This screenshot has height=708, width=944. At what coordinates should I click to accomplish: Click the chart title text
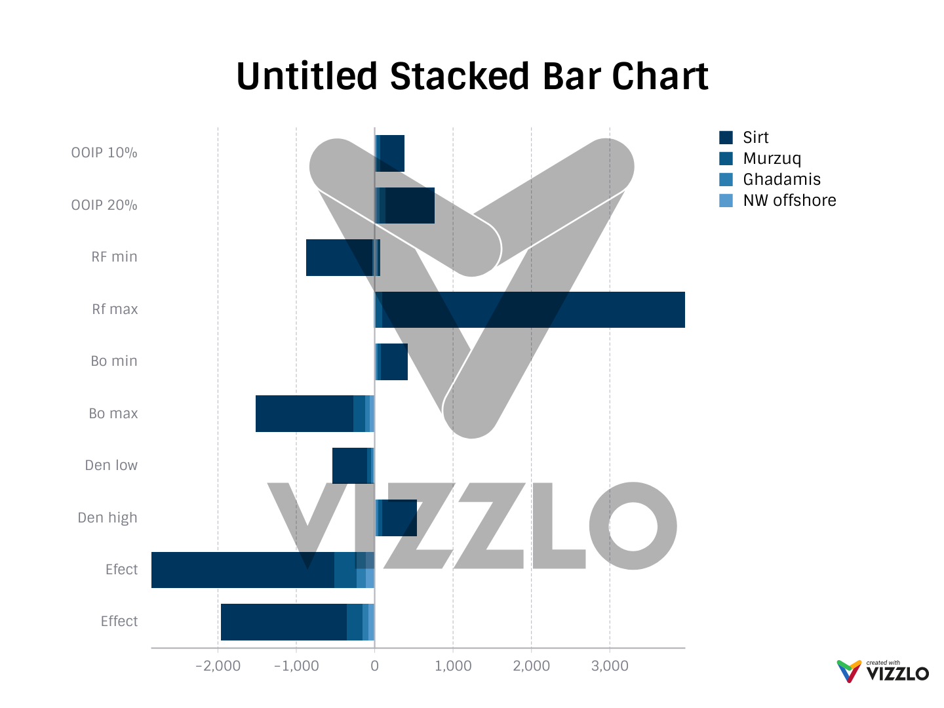pyautogui.click(x=472, y=76)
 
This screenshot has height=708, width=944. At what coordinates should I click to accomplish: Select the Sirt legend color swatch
pyautogui.click(x=726, y=138)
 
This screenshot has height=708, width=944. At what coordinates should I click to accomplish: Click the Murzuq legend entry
pyautogui.click(x=772, y=159)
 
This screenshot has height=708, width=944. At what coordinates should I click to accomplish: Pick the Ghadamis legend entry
pyautogui.click(x=781, y=180)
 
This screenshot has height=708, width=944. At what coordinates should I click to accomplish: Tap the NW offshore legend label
pyautogui.click(x=789, y=201)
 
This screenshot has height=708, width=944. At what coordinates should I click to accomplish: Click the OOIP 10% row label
pyautogui.click(x=104, y=153)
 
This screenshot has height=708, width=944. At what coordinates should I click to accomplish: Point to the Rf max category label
pyautogui.click(x=115, y=309)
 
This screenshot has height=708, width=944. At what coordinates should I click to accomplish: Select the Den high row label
pyautogui.click(x=108, y=518)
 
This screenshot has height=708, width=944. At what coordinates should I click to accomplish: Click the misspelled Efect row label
pyautogui.click(x=121, y=570)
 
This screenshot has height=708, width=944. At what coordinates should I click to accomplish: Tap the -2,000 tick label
pyautogui.click(x=218, y=666)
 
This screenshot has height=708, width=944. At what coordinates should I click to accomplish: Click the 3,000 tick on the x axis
pyautogui.click(x=610, y=666)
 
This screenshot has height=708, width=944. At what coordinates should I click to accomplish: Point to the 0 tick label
pyautogui.click(x=374, y=666)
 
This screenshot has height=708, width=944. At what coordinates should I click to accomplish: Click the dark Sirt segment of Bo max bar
pyautogui.click(x=304, y=414)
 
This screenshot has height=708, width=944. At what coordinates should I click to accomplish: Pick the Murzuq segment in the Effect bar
pyautogui.click(x=355, y=622)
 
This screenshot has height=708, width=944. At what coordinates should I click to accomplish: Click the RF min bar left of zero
pyautogui.click(x=340, y=258)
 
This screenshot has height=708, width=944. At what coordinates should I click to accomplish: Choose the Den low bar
pyautogui.click(x=350, y=465)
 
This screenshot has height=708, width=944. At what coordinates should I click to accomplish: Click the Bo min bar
pyautogui.click(x=393, y=362)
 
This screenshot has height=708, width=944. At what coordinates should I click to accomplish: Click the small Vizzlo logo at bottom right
pyautogui.click(x=882, y=671)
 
